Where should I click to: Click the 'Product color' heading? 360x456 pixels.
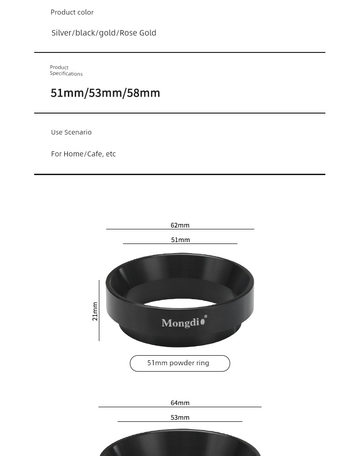(x=72, y=12)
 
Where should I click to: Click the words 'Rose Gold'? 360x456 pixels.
(x=138, y=33)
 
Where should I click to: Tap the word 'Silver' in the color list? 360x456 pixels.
(x=62, y=33)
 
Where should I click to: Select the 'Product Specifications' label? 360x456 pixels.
(x=66, y=70)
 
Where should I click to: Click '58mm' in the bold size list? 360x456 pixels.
(x=143, y=93)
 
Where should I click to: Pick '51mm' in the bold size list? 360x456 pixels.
(x=67, y=93)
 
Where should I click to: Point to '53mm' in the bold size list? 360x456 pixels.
(x=105, y=93)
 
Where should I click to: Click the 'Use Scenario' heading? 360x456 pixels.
(x=71, y=132)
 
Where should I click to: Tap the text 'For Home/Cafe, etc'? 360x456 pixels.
(x=83, y=154)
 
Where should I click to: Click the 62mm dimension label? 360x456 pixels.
(x=180, y=225)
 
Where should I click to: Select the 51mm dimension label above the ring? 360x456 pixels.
(x=180, y=240)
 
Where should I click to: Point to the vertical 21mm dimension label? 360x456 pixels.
(x=95, y=311)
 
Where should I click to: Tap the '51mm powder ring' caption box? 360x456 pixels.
(x=180, y=363)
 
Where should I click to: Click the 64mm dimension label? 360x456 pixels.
(x=180, y=403)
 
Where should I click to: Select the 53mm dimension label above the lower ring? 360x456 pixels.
(x=180, y=418)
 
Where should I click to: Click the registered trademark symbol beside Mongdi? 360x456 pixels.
(x=206, y=316)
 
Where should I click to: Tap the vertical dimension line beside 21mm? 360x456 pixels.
(x=99, y=310)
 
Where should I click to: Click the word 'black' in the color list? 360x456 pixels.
(x=85, y=33)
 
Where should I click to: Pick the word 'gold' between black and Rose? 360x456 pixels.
(x=107, y=33)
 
